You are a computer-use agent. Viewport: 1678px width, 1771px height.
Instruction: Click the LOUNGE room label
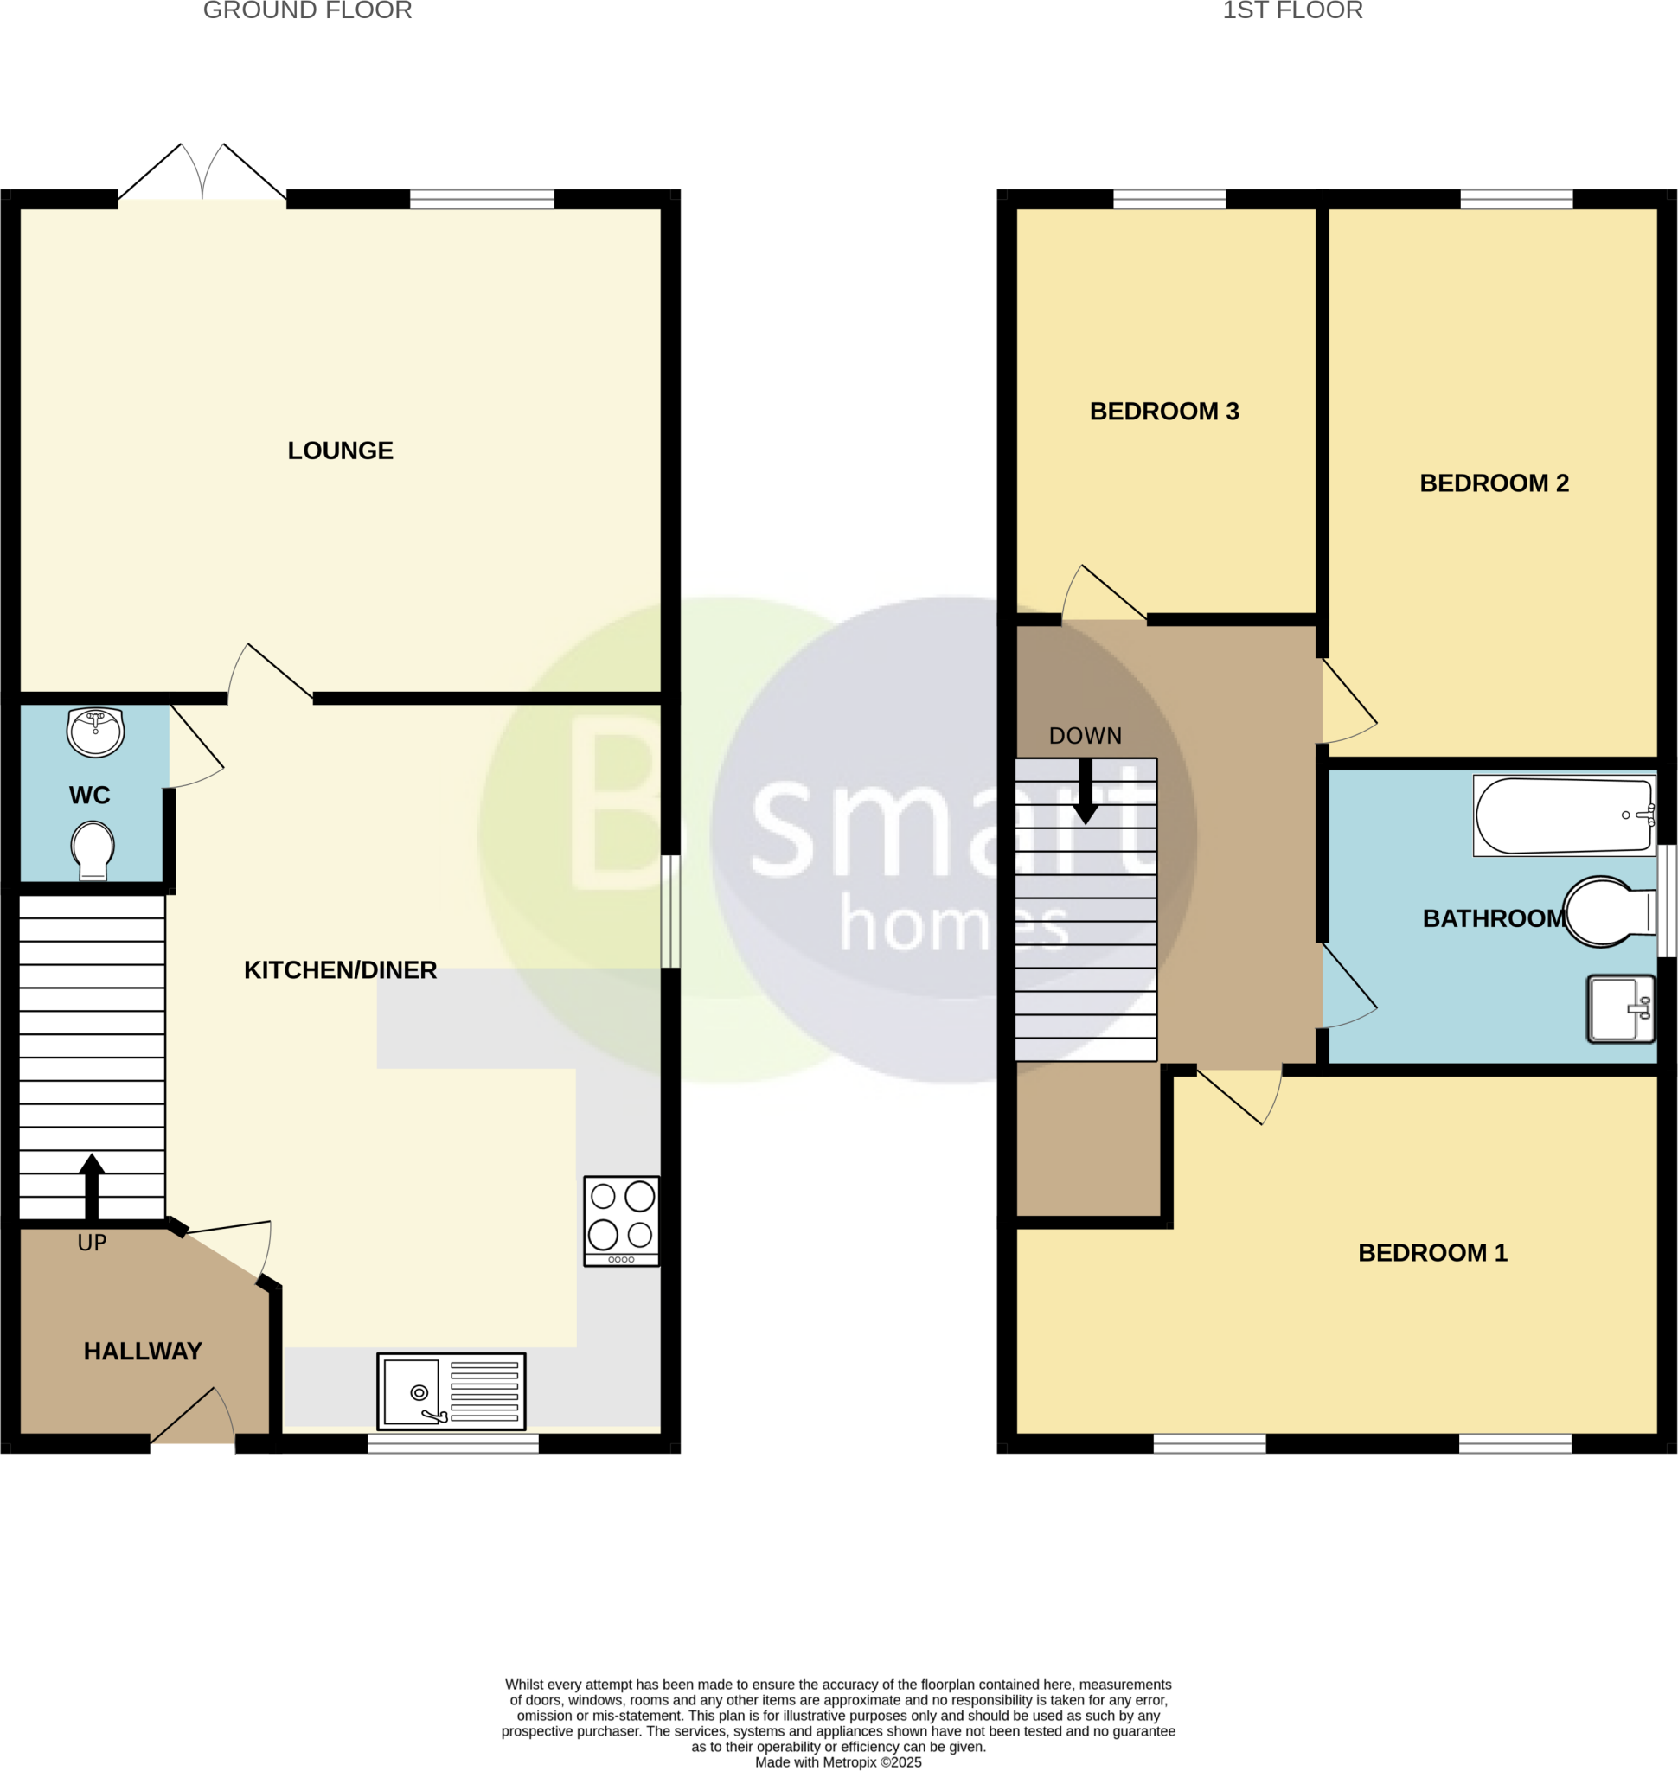click(x=340, y=451)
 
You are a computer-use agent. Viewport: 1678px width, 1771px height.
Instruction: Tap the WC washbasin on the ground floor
click(x=96, y=732)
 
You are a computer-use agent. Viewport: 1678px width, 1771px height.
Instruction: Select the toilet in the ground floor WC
click(x=93, y=850)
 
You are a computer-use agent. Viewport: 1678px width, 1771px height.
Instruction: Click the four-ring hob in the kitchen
click(x=621, y=1220)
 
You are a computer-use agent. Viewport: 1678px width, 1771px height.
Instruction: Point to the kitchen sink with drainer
click(x=451, y=1391)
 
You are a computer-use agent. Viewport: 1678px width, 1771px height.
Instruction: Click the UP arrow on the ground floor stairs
click(x=91, y=1186)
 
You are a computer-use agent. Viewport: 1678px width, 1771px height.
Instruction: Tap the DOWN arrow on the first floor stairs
click(x=1085, y=790)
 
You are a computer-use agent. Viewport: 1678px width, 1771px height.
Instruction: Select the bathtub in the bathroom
click(x=1564, y=815)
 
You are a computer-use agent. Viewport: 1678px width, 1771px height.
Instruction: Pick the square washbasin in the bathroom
click(x=1621, y=1009)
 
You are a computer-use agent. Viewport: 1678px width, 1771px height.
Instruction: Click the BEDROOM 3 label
click(x=1163, y=412)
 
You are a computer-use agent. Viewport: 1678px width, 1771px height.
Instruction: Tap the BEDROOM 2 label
click(x=1494, y=483)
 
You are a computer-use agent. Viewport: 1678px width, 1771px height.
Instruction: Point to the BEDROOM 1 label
click(x=1432, y=1253)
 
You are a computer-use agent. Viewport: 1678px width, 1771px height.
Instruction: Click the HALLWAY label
click(x=143, y=1351)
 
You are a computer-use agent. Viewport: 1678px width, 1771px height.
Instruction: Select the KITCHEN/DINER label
click(x=340, y=969)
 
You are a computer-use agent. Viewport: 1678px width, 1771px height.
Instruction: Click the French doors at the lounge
click(x=202, y=175)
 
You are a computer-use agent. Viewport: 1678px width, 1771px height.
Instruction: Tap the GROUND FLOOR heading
click(x=307, y=10)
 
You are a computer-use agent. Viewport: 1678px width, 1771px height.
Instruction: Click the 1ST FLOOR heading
click(x=1292, y=10)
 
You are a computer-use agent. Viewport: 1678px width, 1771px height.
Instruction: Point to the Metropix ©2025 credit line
click(x=838, y=1762)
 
